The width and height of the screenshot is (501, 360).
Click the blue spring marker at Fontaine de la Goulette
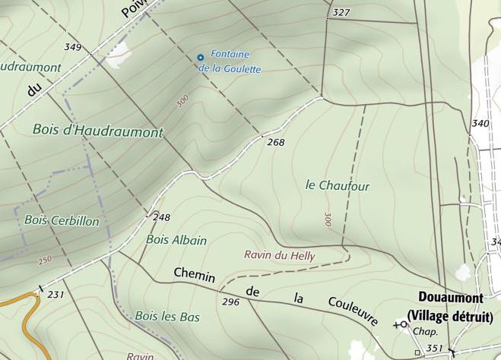tap(200, 57)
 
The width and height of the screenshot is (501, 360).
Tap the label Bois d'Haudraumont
tap(98, 130)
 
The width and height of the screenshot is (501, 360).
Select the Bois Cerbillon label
tap(62, 220)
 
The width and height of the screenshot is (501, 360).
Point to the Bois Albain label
tap(176, 240)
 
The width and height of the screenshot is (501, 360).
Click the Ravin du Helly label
tap(278, 256)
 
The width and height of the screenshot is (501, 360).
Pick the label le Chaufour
tap(338, 185)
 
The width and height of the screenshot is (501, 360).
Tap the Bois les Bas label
tap(166, 316)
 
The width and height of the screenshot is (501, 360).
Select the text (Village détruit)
tap(449, 316)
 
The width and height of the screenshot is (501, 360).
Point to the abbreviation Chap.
tap(420, 332)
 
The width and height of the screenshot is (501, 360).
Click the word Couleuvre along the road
tap(353, 311)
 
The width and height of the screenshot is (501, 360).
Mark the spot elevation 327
tap(342, 13)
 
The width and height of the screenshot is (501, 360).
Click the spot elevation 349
tap(72, 47)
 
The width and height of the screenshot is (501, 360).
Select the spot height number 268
tap(276, 142)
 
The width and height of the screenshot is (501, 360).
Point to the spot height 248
tap(161, 217)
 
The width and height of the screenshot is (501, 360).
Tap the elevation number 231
tap(55, 294)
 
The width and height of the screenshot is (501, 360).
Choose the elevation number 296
tap(230, 302)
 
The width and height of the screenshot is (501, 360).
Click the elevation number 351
tap(434, 348)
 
